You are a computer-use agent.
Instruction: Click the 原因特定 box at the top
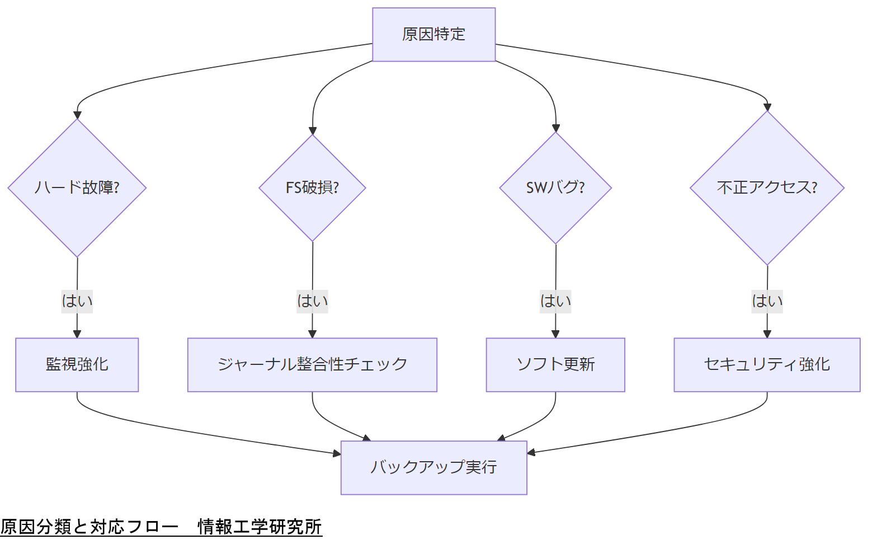[433, 34]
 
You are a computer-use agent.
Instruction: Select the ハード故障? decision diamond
[77, 187]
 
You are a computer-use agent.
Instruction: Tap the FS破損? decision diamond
[312, 187]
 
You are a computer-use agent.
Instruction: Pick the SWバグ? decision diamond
[555, 187]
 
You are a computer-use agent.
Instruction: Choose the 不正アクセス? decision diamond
[767, 187]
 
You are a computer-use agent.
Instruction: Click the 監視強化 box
[77, 364]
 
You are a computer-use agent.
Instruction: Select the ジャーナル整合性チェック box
[312, 364]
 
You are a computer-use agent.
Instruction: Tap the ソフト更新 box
[555, 364]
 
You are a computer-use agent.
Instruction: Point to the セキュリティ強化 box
[767, 364]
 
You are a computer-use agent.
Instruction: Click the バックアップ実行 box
[433, 467]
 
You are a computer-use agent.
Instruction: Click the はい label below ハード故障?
[77, 301]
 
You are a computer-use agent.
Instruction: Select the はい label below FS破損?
[312, 301]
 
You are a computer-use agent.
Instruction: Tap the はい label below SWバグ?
[555, 301]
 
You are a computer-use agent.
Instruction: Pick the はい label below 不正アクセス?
[767, 301]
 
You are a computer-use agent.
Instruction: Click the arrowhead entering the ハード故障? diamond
[77, 115]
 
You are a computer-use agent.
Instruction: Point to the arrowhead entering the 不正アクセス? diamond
[767, 107]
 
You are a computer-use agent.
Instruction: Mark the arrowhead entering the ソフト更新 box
[555, 334]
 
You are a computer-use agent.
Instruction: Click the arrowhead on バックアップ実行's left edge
[337, 453]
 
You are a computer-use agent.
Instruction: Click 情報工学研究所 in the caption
[260, 527]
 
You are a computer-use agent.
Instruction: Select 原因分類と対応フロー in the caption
[89, 527]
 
